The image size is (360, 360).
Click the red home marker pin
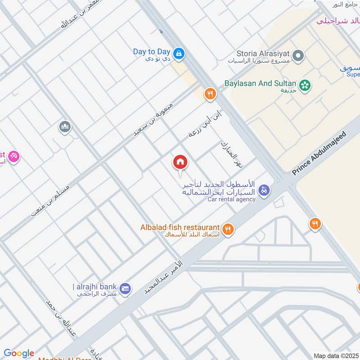[180, 162]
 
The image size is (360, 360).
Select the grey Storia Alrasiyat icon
[297, 56]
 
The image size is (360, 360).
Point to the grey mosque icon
[65, 127]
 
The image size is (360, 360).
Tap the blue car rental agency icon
[265, 190]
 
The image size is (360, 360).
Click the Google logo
[19, 353]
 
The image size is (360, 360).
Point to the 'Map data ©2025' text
[335, 356]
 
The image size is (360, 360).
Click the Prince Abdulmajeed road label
[320, 153]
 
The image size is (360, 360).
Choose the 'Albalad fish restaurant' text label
[180, 228]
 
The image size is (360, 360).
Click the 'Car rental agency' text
[231, 199]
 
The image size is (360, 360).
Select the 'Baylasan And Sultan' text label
[260, 84]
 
